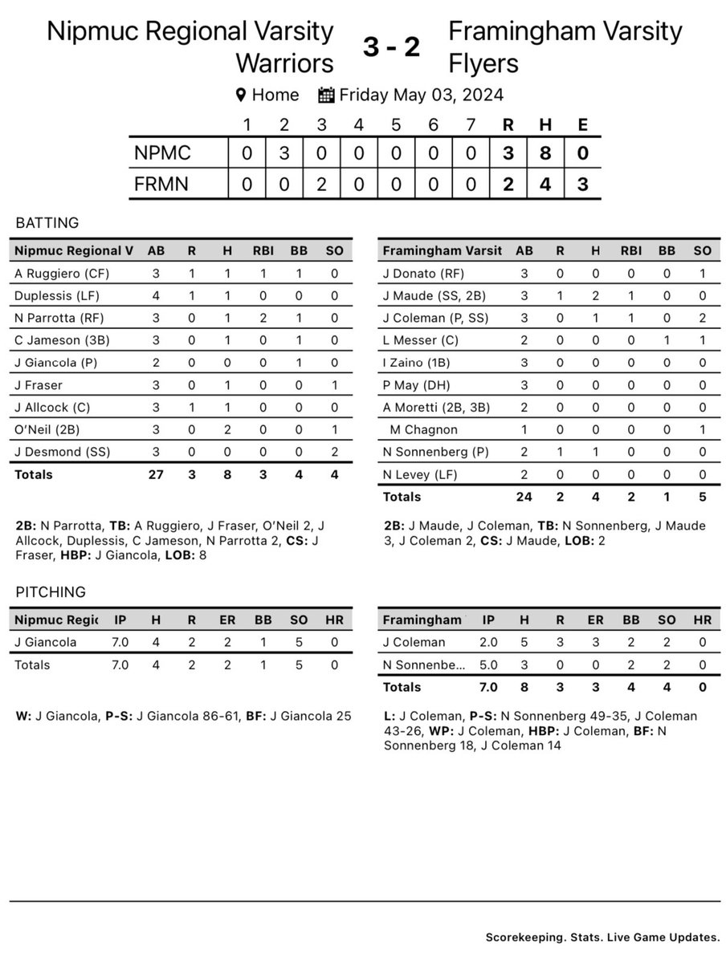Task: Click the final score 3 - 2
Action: pyautogui.click(x=391, y=48)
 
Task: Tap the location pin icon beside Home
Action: pyautogui.click(x=240, y=95)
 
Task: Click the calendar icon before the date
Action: pyautogui.click(x=326, y=95)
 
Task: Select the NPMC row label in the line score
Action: pyautogui.click(x=164, y=152)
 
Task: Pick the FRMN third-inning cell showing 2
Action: pyautogui.click(x=321, y=184)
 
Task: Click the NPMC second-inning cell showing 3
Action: pyautogui.click(x=283, y=152)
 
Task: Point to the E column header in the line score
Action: pyautogui.click(x=582, y=124)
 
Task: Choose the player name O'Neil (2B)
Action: pyautogui.click(x=46, y=429)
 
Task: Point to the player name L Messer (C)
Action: pyautogui.click(x=420, y=340)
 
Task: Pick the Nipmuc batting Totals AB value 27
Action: pyautogui.click(x=157, y=474)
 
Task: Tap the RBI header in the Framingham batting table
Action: pyautogui.click(x=626, y=251)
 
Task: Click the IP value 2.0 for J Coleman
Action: pyautogui.click(x=489, y=643)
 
